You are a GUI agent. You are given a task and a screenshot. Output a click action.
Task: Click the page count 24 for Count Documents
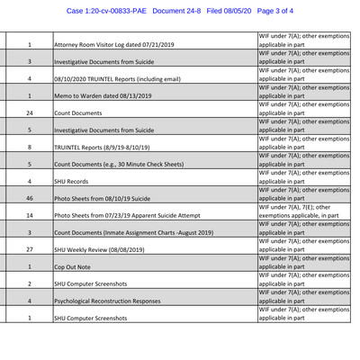(30, 112)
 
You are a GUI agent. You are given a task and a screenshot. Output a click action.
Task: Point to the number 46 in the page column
(30, 198)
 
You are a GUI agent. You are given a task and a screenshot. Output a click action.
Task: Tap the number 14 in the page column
(30, 215)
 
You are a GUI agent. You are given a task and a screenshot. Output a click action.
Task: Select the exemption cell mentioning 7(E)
(303, 211)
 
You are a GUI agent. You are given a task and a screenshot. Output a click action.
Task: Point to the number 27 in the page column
(30, 249)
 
